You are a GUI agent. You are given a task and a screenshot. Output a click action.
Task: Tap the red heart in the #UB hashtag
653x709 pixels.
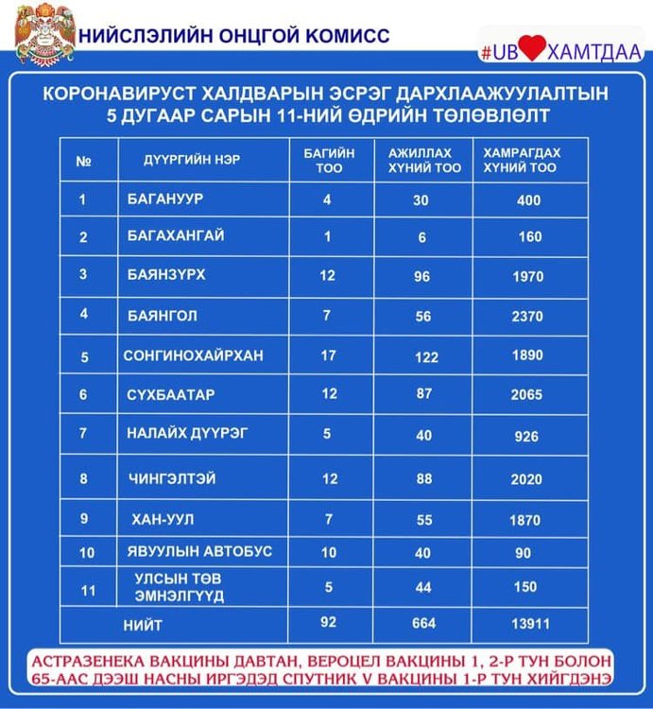(531, 50)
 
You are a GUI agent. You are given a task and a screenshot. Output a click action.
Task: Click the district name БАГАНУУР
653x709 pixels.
(166, 200)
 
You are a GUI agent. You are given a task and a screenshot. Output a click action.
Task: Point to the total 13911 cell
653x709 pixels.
(529, 626)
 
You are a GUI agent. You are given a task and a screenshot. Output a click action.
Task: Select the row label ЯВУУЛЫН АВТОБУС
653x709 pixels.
(185, 552)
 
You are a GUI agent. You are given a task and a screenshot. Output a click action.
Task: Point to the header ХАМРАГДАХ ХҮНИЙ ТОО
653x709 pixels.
(522, 161)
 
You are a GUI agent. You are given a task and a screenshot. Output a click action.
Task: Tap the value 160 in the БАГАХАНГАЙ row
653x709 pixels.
(529, 237)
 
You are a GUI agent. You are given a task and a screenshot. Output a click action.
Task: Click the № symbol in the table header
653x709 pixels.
(83, 161)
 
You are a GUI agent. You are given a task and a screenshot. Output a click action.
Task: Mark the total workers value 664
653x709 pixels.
(423, 625)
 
